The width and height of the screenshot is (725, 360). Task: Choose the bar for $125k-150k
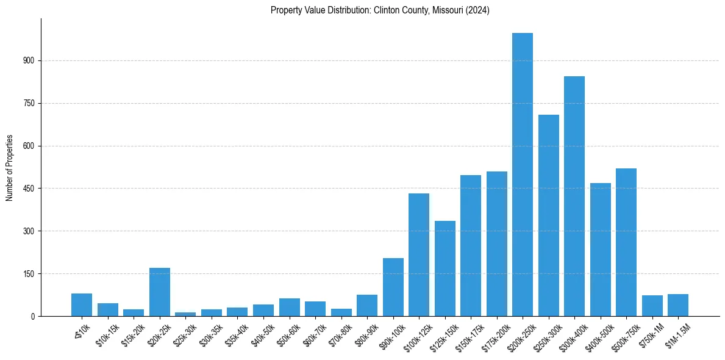click(445, 268)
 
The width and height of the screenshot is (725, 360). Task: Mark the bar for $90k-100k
click(393, 287)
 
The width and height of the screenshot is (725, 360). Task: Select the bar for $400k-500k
click(600, 250)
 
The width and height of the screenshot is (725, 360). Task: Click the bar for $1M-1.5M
click(677, 305)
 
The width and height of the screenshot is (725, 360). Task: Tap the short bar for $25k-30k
click(185, 314)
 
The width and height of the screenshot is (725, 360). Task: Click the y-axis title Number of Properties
click(9, 167)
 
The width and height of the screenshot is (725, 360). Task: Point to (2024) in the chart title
click(479, 10)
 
